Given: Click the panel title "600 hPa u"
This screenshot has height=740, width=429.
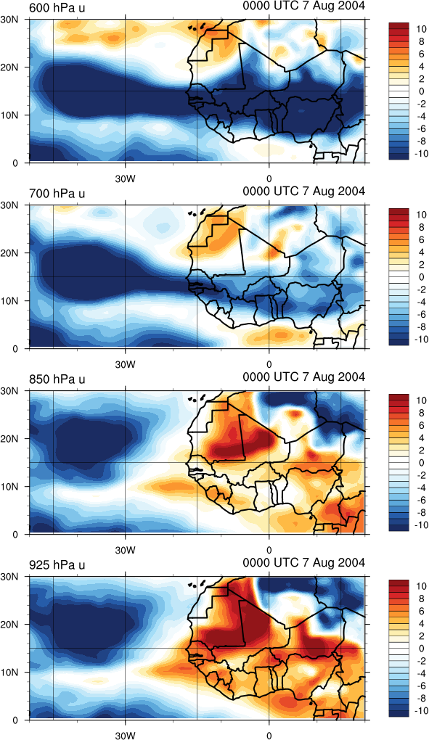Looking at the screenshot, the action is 57,7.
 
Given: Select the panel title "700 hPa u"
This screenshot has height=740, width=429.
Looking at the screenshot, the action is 57,193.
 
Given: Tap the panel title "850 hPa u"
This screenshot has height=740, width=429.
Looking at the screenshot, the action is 57,379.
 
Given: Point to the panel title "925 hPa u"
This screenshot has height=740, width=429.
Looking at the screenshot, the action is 57,564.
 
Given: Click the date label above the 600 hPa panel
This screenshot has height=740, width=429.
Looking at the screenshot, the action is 304,6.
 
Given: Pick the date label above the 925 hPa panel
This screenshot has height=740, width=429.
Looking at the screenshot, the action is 304,562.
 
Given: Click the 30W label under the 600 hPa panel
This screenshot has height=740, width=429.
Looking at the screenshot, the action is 126,179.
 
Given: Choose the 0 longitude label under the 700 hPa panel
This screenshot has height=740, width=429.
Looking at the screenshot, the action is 269,365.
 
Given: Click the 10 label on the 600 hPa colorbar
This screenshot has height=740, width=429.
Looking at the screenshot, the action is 422,29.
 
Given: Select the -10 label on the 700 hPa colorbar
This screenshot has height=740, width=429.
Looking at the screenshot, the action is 420,340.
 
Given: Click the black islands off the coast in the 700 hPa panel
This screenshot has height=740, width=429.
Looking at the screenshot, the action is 196,213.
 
